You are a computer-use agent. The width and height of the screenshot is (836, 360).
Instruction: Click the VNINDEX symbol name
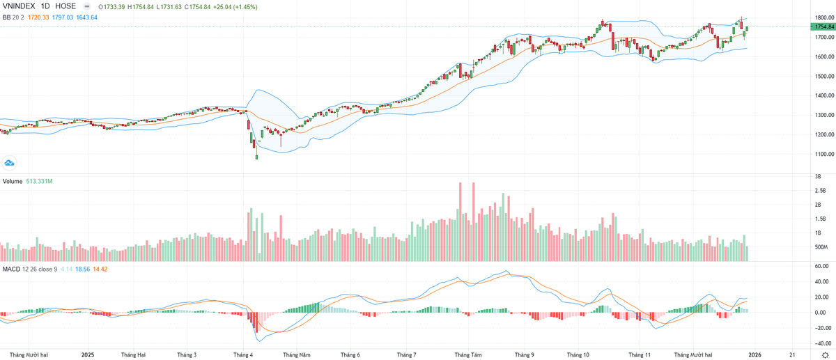coord(17,6)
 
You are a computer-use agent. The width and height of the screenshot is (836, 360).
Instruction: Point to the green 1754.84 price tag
coord(822,26)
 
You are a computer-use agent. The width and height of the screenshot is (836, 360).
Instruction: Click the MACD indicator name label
coord(10,269)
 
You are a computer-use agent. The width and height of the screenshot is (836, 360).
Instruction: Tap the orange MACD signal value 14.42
coord(100,269)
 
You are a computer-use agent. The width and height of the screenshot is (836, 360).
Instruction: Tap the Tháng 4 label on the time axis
coord(243,354)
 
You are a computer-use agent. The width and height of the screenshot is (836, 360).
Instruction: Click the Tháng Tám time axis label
coord(467,354)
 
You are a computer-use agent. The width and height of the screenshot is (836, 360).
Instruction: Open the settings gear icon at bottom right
coord(825,354)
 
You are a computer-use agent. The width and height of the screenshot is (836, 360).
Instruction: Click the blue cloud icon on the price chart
coord(10,163)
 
